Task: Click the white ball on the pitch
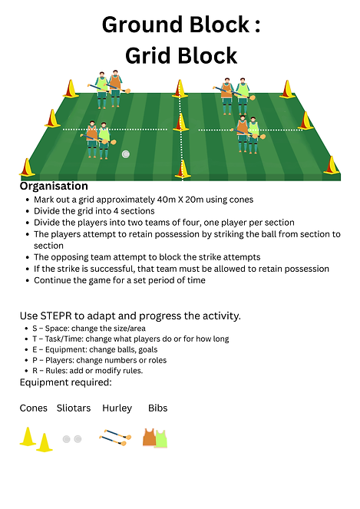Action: click(x=126, y=154)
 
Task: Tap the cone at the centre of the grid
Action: click(x=180, y=122)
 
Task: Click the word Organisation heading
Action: click(x=54, y=186)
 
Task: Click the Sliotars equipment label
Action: click(x=74, y=408)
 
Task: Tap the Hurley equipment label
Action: click(x=117, y=408)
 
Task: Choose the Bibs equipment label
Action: click(x=158, y=408)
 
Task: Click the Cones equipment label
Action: click(x=34, y=408)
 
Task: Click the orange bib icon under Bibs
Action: click(x=150, y=438)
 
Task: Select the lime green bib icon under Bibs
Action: click(x=161, y=439)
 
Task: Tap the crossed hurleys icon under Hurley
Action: click(x=115, y=438)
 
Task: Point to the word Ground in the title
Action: click(x=143, y=25)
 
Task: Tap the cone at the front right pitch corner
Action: click(x=332, y=165)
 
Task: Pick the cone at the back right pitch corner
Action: click(x=287, y=89)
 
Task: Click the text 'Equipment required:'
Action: click(x=65, y=382)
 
